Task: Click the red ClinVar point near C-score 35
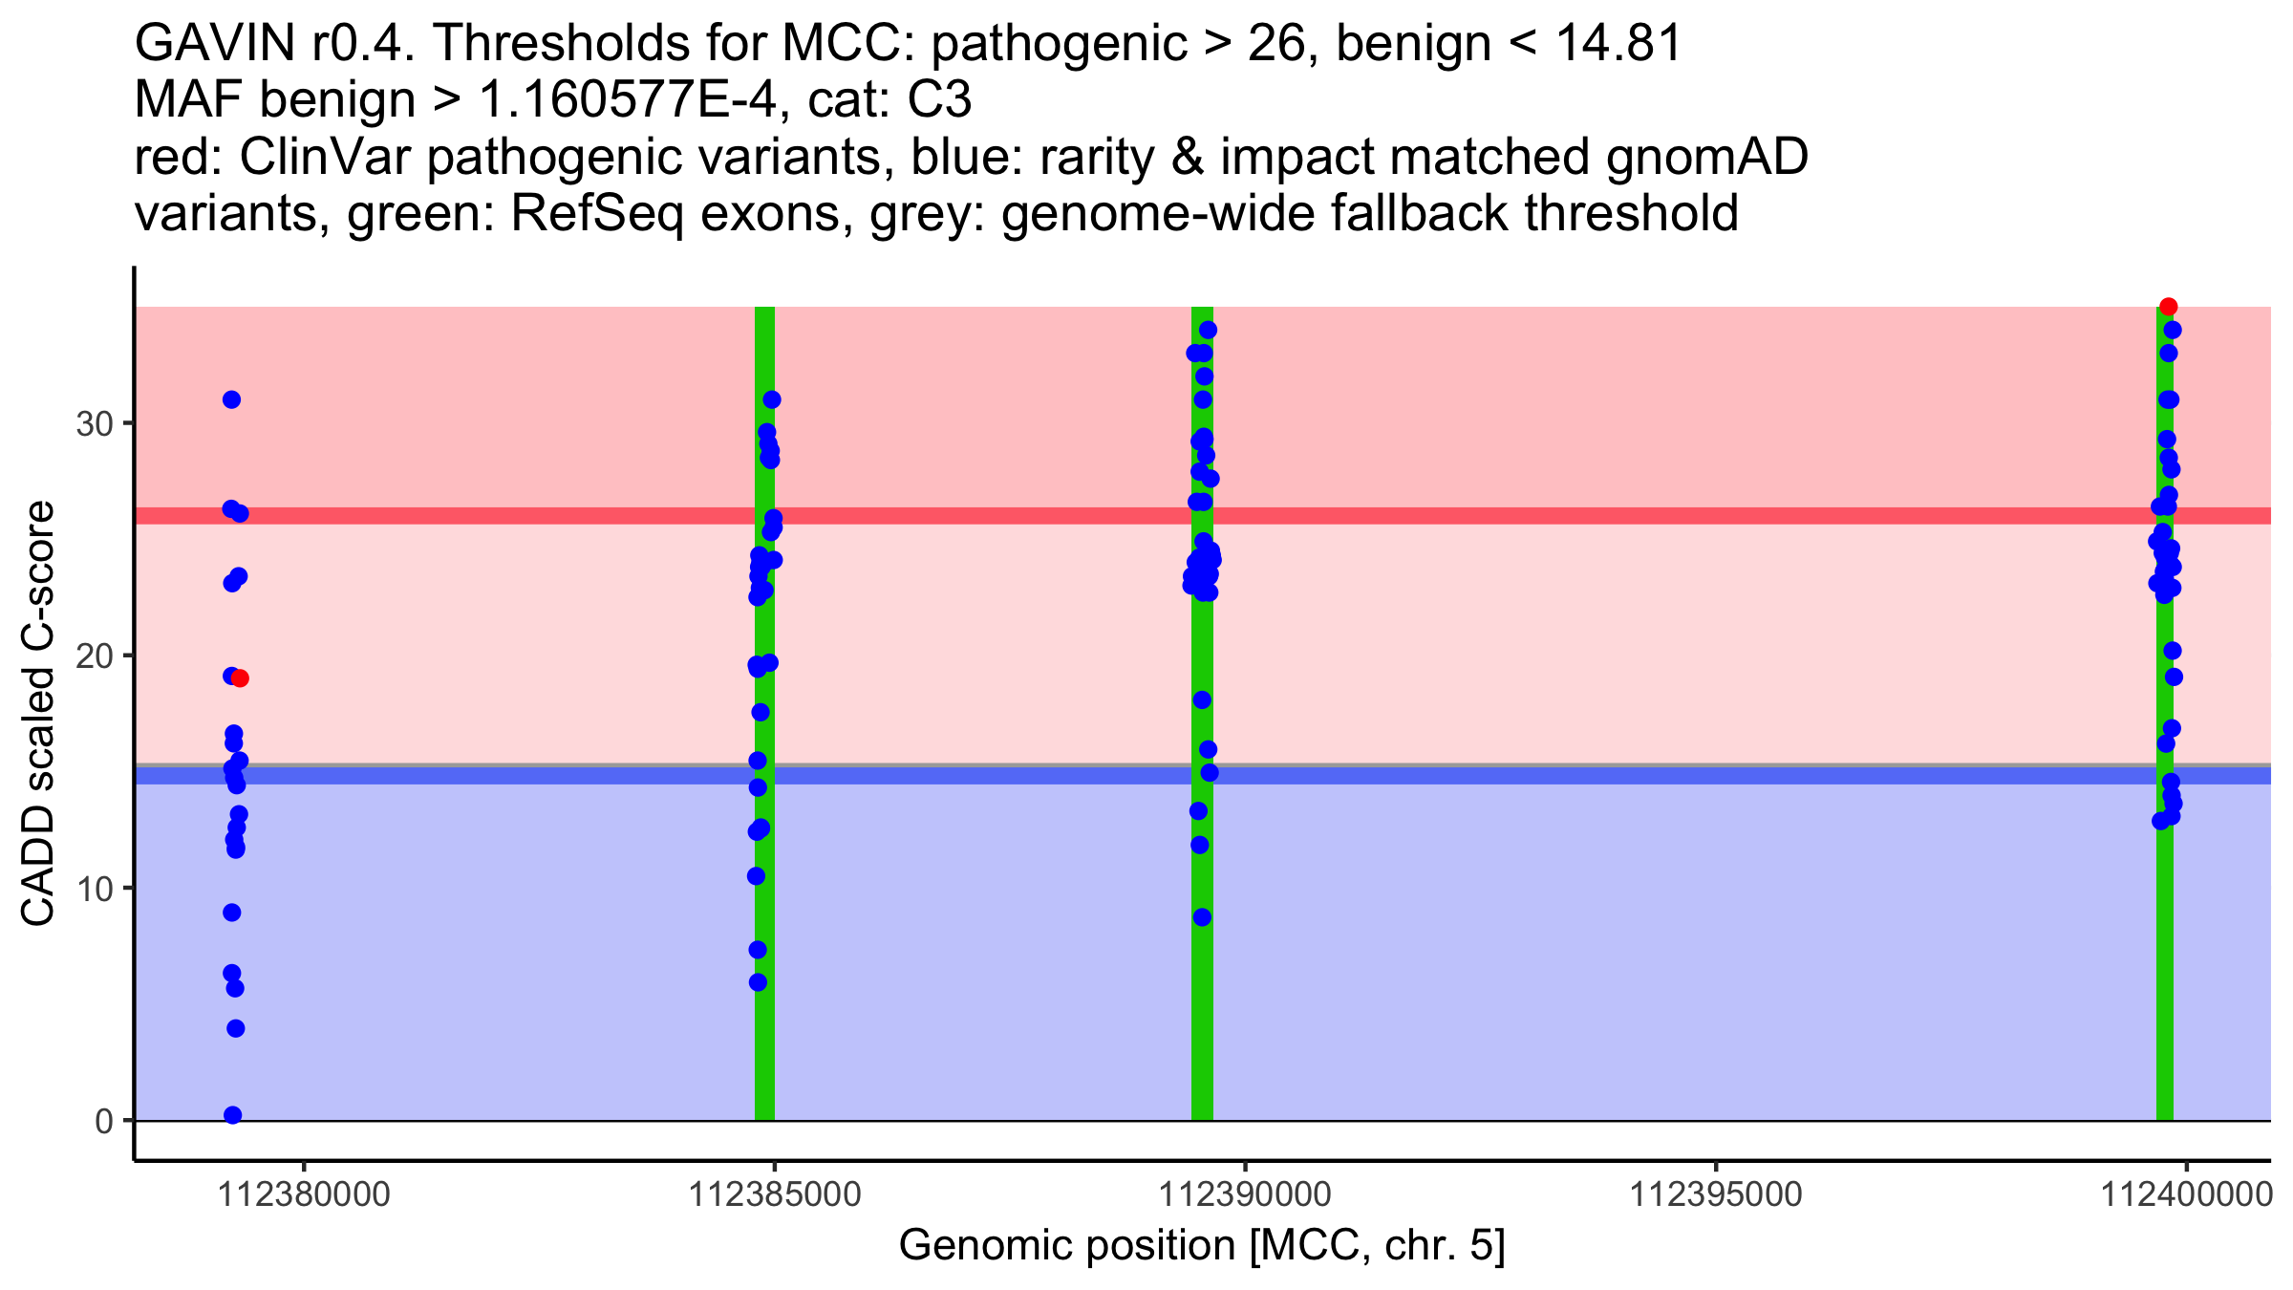click(x=2168, y=307)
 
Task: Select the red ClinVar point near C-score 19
click(x=240, y=678)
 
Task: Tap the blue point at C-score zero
click(x=232, y=1115)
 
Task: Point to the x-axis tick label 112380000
click(x=305, y=1194)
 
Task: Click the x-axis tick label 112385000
click(x=775, y=1194)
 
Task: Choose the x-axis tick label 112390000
click(x=1245, y=1194)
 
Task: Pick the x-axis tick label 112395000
click(x=1715, y=1194)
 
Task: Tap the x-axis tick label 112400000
click(x=2185, y=1194)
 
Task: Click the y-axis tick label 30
click(x=94, y=423)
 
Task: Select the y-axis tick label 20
click(x=94, y=656)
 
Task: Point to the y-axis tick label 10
click(x=94, y=889)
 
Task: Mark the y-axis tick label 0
click(x=104, y=1121)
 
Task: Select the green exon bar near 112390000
click(x=1202, y=1003)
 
